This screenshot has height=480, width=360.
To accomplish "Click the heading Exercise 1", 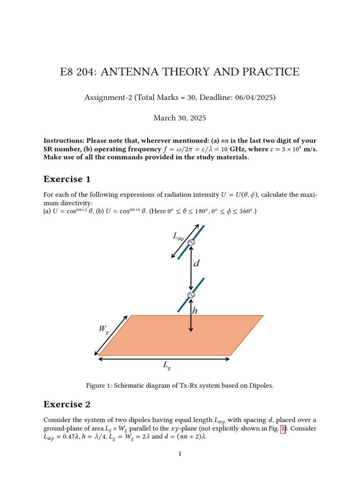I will coord(67,179).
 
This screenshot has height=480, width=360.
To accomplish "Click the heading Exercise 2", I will coord(67,404).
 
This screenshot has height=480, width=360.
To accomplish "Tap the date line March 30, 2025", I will coord(180,118).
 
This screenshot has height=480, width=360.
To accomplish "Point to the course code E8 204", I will coord(77,72).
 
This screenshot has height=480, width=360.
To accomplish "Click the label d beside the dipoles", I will coord(196,263).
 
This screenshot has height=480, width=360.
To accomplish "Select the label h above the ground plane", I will coord(195,310).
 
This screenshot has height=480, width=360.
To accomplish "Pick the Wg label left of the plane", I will coord(104,329).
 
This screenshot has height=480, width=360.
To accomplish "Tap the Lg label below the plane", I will coord(166,365).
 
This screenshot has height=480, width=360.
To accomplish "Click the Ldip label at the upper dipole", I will coord(178,237).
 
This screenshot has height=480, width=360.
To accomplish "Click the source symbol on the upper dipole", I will coord(191,242).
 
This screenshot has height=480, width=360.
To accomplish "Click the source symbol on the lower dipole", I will coord(191,295).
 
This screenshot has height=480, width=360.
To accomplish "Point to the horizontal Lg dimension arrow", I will coord(164,359).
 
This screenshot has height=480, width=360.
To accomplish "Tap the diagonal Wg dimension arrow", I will coord(111,335).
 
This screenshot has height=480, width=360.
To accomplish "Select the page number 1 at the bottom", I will coord(180,453).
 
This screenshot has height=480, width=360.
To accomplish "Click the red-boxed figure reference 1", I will coord(283,428).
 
